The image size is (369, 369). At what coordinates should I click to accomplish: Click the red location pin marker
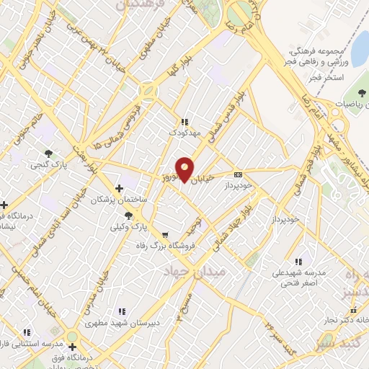185,169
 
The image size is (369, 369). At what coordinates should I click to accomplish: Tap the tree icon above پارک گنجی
49,153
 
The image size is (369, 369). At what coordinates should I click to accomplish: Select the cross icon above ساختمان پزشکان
119,188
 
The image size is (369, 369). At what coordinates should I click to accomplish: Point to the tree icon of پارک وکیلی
128,215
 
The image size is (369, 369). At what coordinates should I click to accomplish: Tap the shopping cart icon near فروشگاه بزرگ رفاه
165,234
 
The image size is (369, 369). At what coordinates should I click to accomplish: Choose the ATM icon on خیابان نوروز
238,174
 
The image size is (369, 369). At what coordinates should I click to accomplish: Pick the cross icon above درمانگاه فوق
72,347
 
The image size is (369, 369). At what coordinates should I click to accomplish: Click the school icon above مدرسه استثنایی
27,332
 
